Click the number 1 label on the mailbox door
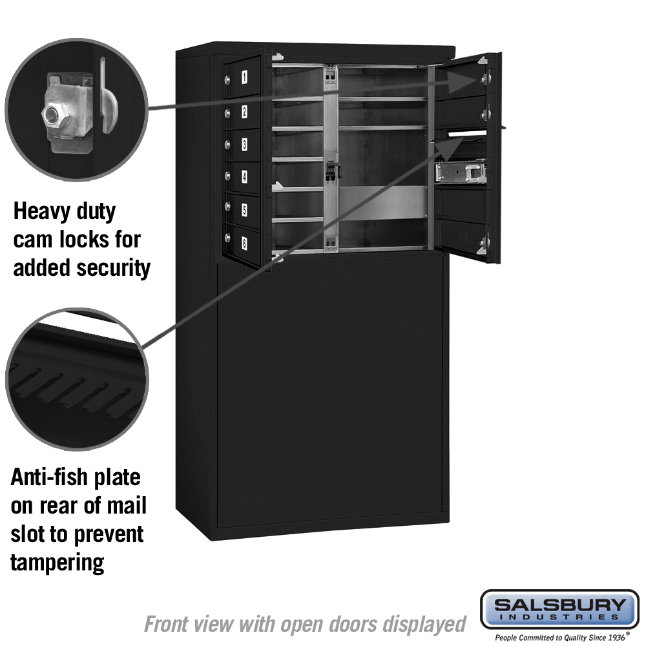(x=245, y=77)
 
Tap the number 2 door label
(x=244, y=111)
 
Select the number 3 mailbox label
(x=244, y=144)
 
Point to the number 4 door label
(x=244, y=177)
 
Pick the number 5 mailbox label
(x=244, y=210)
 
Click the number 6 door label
(x=244, y=244)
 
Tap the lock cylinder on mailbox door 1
(x=227, y=79)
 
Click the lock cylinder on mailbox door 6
(x=227, y=237)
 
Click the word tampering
(x=57, y=563)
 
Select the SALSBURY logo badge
(x=559, y=609)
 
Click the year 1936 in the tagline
(x=616, y=637)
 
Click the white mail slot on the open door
(x=467, y=134)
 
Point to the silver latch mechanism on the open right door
(x=461, y=173)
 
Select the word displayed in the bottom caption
(x=424, y=625)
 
